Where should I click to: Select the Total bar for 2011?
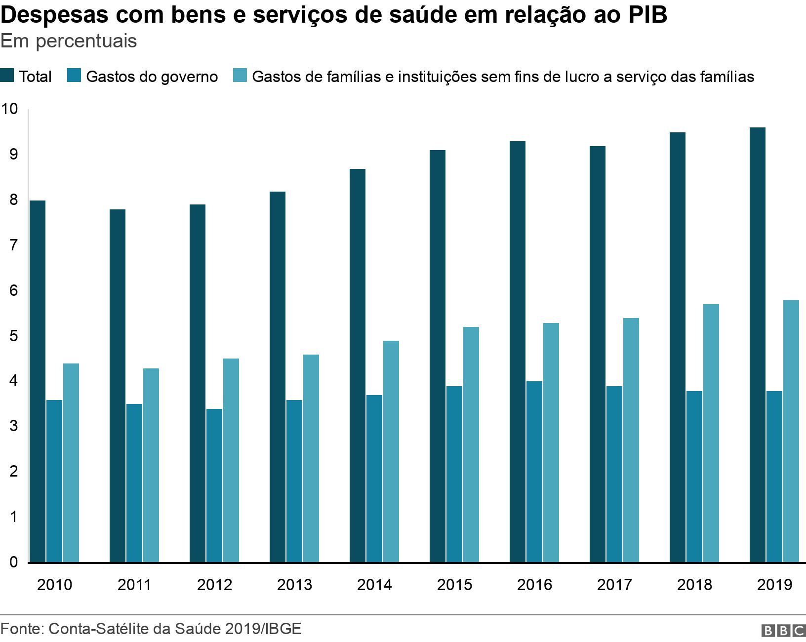pos(118,386)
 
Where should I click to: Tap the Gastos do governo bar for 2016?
pos(534,472)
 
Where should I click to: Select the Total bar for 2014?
pos(358,365)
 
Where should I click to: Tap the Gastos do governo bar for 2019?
pos(774,477)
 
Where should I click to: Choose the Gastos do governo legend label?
pos(152,77)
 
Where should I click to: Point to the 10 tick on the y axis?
pos(9,109)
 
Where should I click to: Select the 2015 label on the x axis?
pos(454,585)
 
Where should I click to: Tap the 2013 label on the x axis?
pos(294,585)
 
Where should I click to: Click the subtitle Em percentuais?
pos(69,41)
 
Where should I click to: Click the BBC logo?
pos(783,631)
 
